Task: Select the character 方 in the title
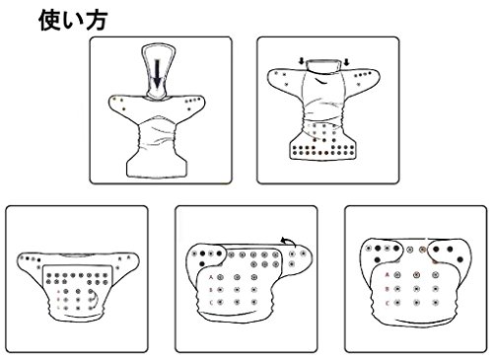click(x=97, y=21)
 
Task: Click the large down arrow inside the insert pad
click(x=158, y=74)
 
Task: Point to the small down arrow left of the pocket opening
click(x=302, y=61)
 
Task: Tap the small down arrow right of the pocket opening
click(x=346, y=61)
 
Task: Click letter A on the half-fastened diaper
click(x=211, y=277)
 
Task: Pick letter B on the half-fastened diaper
click(x=211, y=290)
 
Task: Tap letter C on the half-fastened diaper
click(x=211, y=302)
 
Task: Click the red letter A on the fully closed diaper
click(x=387, y=274)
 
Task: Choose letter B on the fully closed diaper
click(x=387, y=289)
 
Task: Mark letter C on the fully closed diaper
click(x=387, y=303)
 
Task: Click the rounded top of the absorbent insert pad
click(x=159, y=48)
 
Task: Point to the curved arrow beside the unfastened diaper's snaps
click(x=95, y=297)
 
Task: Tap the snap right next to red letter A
click(x=397, y=274)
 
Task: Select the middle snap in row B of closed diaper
click(x=416, y=289)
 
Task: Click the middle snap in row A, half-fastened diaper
click(x=237, y=277)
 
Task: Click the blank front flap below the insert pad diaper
click(x=157, y=167)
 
